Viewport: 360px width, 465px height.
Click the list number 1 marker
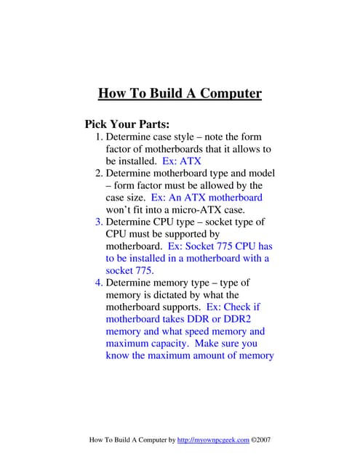point(99,137)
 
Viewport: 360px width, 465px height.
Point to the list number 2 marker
point(99,174)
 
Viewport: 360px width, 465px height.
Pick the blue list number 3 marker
point(99,222)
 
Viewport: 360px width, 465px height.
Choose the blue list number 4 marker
point(99,283)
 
